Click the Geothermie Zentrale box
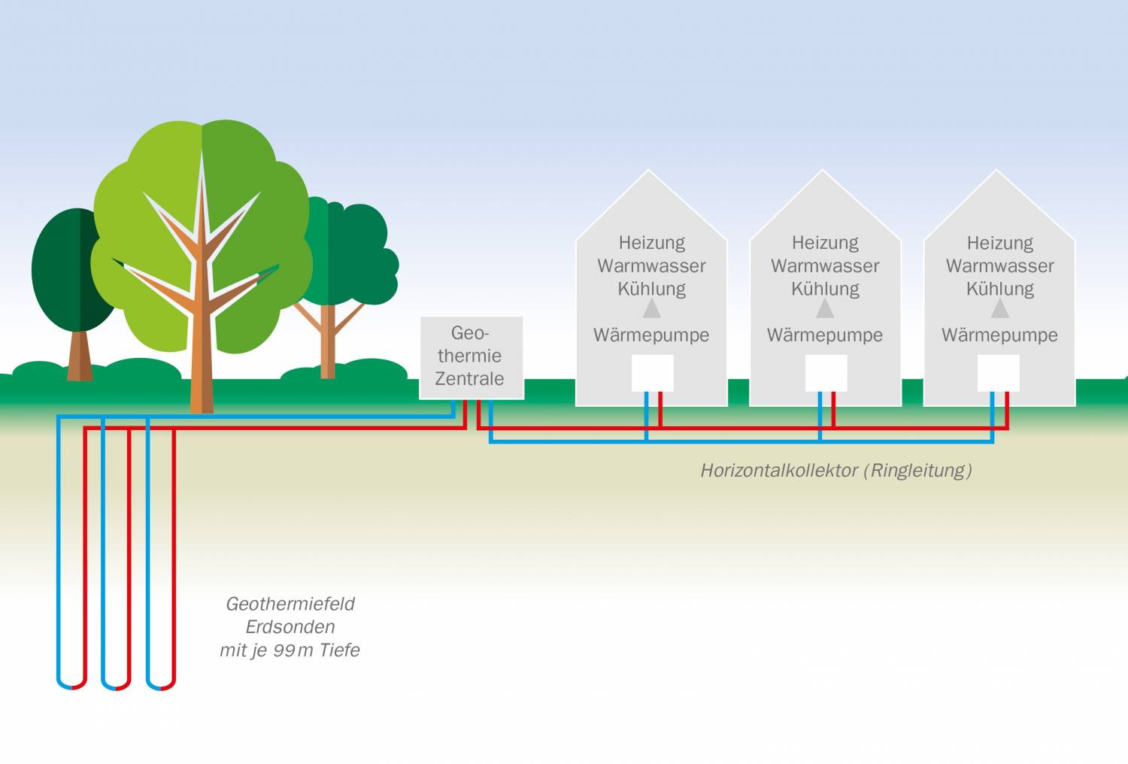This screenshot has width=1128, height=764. pos(471,356)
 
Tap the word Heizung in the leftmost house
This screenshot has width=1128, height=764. pos(651,243)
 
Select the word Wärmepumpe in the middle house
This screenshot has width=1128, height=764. pos(824,335)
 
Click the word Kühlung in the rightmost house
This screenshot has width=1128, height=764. pos(999,289)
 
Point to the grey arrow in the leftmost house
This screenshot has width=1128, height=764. pos(651,308)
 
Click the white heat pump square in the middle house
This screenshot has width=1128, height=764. pos(826,373)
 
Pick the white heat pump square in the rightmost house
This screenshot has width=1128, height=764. pos(998,373)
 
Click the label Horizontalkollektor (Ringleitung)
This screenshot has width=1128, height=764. pos(835,471)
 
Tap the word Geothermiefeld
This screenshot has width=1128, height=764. pos(290,604)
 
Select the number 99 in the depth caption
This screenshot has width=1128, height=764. pos(284,650)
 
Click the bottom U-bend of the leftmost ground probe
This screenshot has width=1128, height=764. pos(72,685)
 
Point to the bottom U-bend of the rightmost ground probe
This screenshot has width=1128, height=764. pos(161,685)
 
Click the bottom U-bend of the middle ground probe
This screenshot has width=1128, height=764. pos(116,685)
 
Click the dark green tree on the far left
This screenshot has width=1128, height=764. pos(68,271)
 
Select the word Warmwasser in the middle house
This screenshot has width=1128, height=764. pos(824,266)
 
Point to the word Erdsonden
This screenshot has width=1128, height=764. pos(290,627)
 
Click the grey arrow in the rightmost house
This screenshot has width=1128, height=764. pos(999,308)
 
